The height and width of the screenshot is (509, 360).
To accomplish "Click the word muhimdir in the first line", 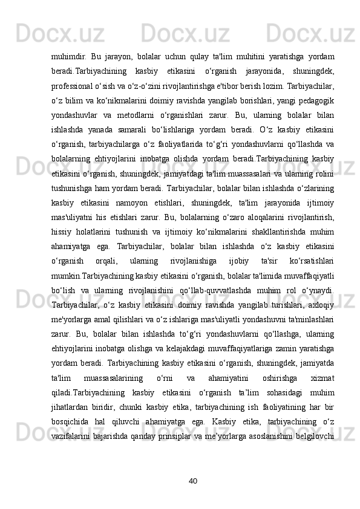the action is click(67, 57).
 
